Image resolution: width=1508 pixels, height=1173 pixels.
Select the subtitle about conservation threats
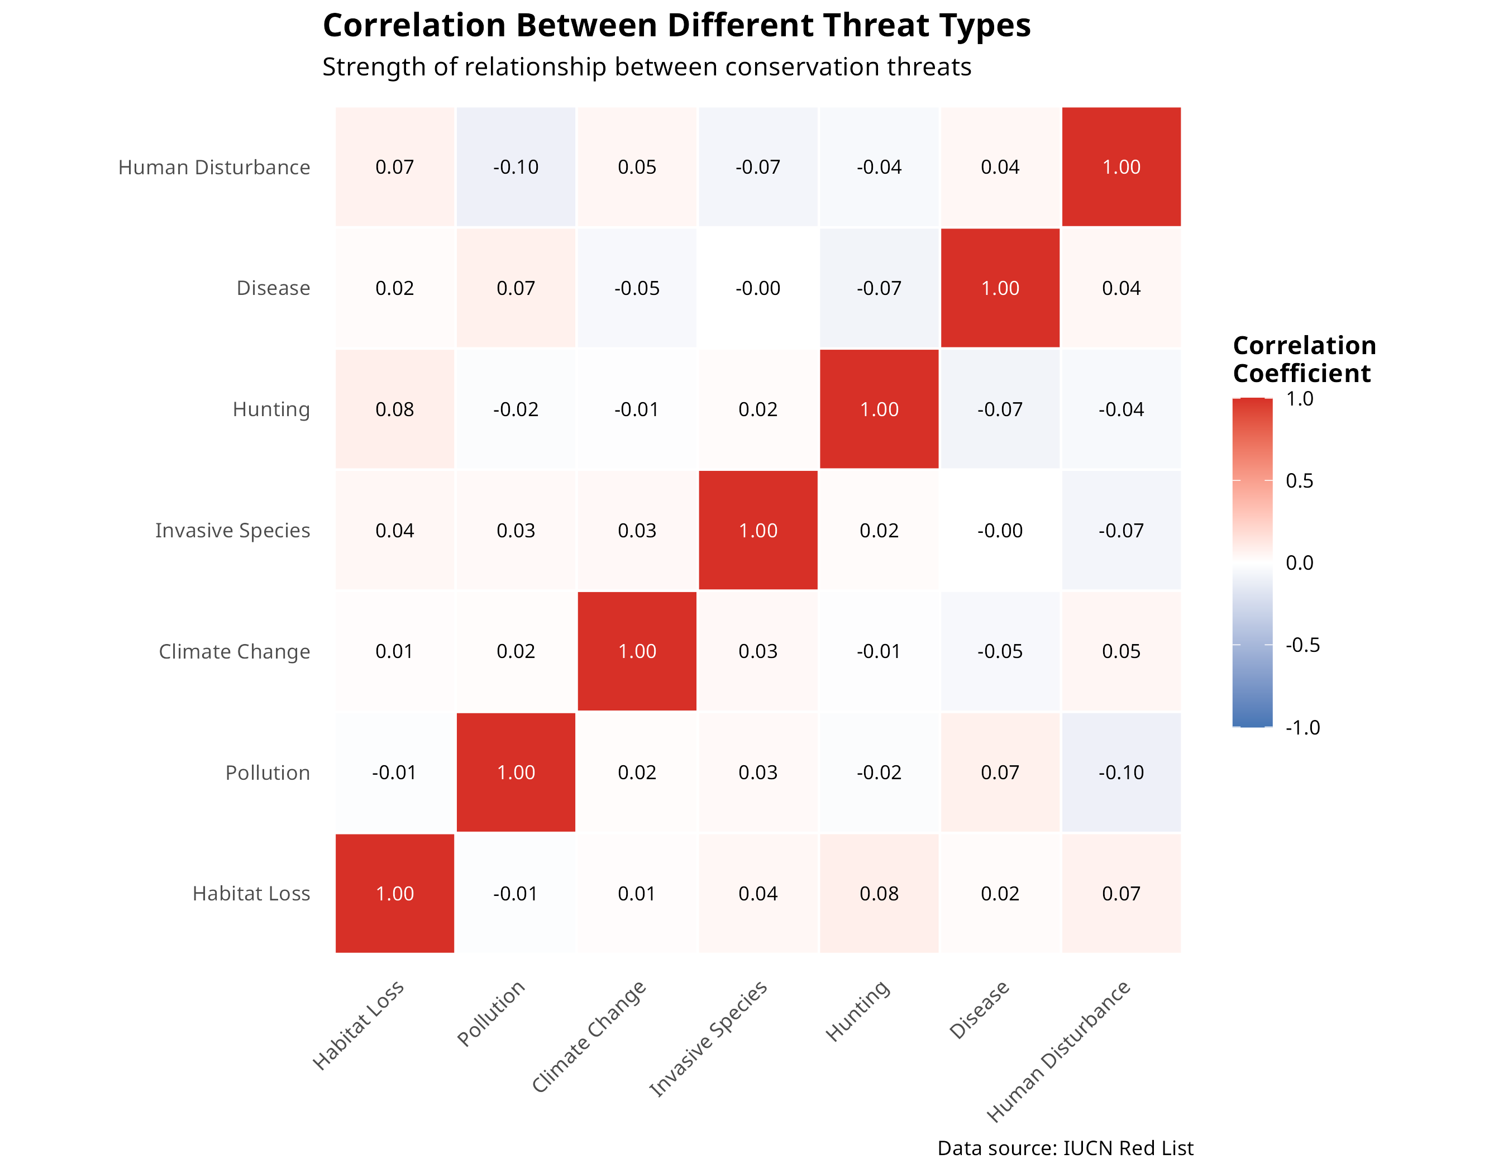[x=646, y=67]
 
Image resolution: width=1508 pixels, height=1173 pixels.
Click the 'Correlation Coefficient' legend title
[x=1304, y=359]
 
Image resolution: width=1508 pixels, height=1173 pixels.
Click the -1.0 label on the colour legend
[x=1302, y=727]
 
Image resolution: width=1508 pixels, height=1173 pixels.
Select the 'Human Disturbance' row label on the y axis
[x=214, y=167]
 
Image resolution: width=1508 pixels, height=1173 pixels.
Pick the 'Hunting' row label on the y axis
[x=271, y=409]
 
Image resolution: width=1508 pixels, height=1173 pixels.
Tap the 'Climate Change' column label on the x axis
[x=590, y=1036]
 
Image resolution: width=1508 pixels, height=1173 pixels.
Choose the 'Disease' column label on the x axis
[x=980, y=1009]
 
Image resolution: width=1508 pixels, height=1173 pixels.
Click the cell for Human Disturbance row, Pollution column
[x=516, y=167]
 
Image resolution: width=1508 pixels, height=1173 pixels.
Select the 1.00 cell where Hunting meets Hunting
[x=879, y=409]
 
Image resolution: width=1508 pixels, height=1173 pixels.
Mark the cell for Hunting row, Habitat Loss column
[x=395, y=409]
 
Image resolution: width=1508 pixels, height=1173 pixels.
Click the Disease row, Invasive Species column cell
[x=758, y=288]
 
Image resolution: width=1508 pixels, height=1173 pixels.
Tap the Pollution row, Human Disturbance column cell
[x=1122, y=773]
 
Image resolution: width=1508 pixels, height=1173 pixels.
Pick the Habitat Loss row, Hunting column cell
[x=879, y=893]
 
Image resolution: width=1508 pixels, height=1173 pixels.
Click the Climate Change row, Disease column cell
[x=1000, y=651]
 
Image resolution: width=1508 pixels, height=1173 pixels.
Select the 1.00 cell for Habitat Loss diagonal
[x=395, y=893]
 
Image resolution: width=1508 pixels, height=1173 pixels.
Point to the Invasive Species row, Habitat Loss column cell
[x=395, y=530]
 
